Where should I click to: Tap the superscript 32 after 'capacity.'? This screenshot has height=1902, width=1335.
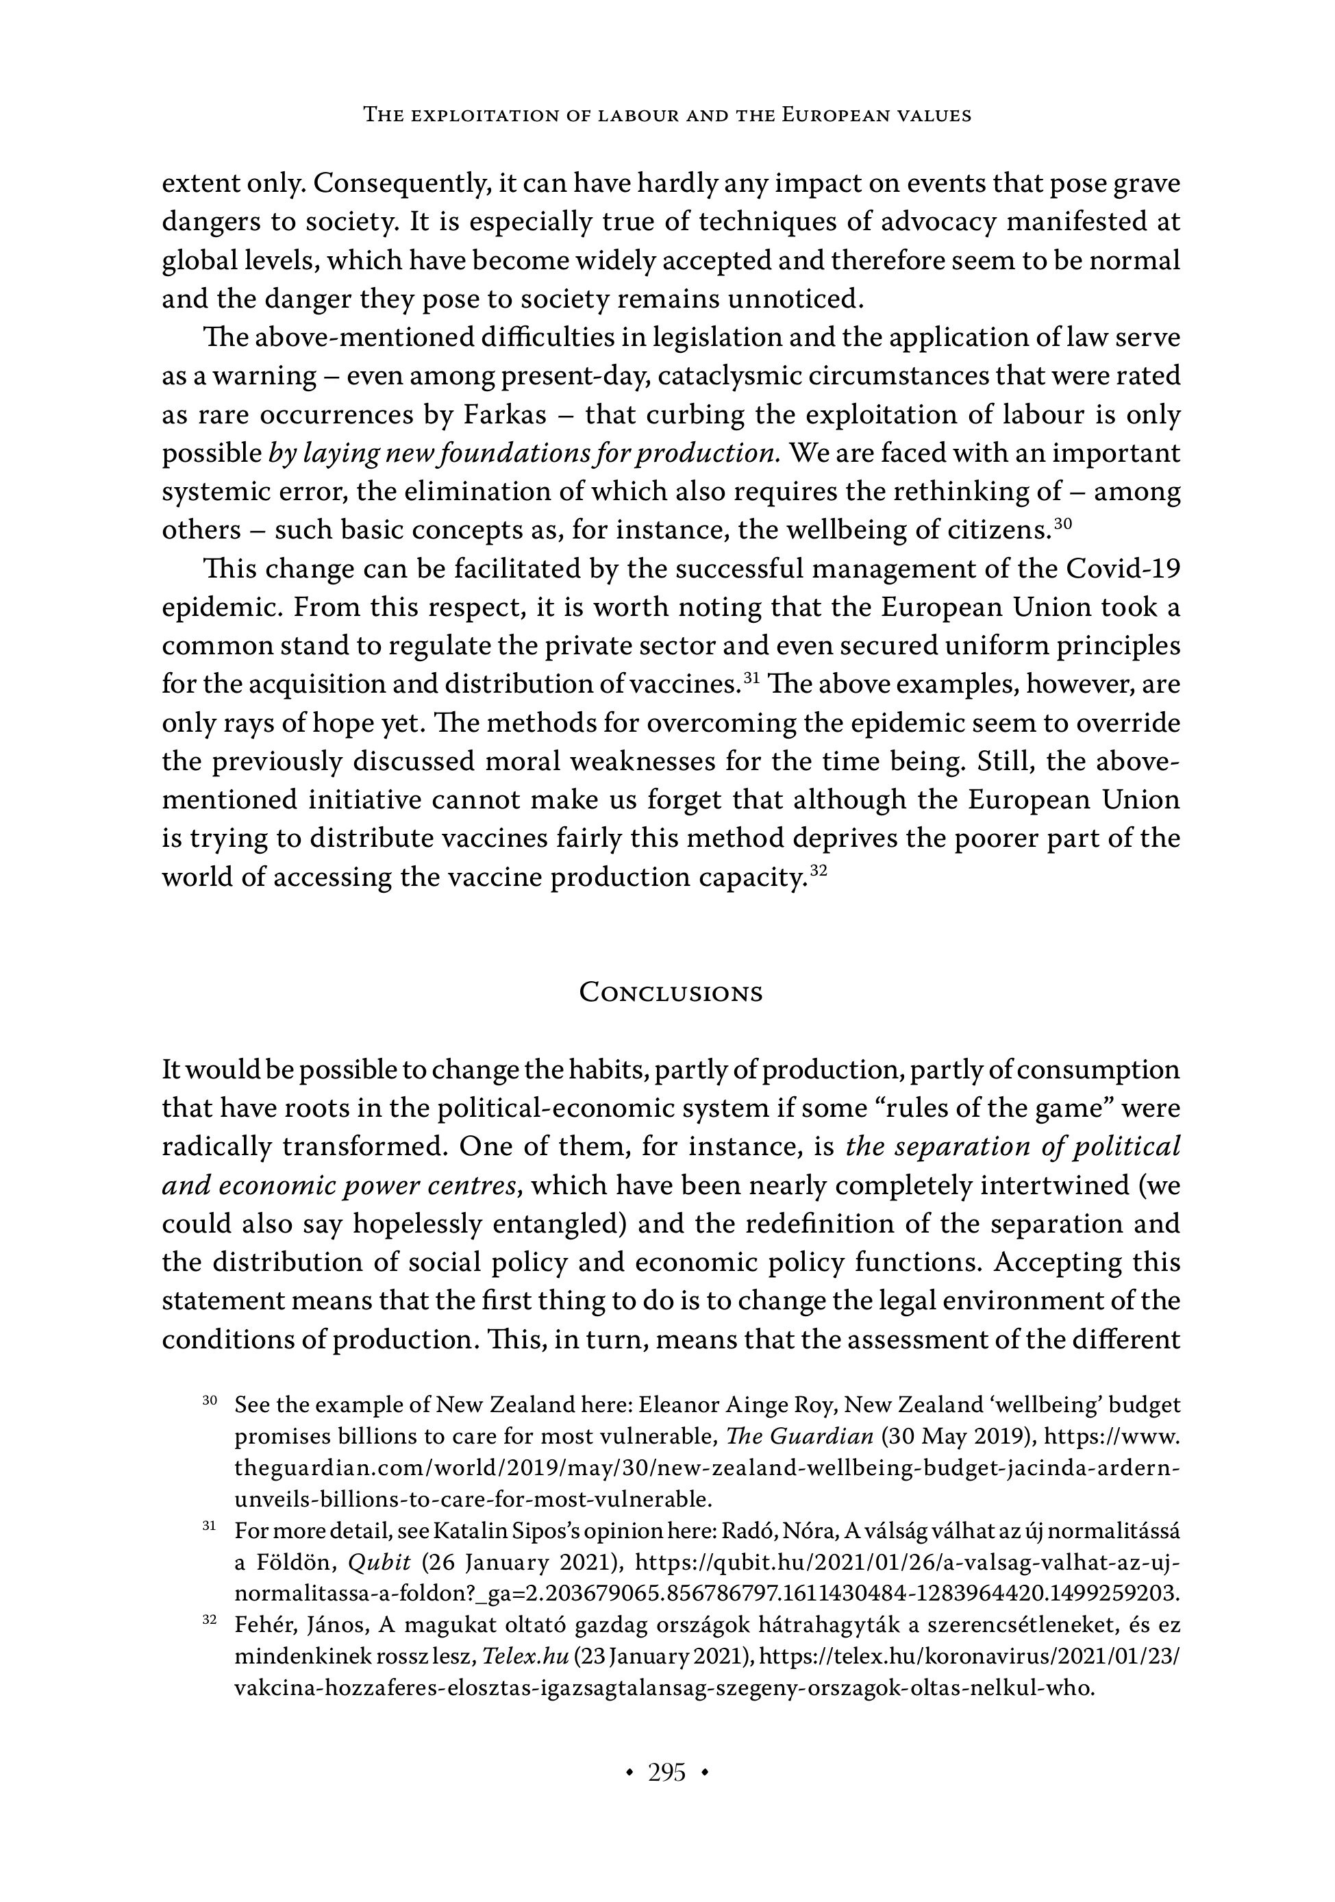pyautogui.click(x=819, y=870)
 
